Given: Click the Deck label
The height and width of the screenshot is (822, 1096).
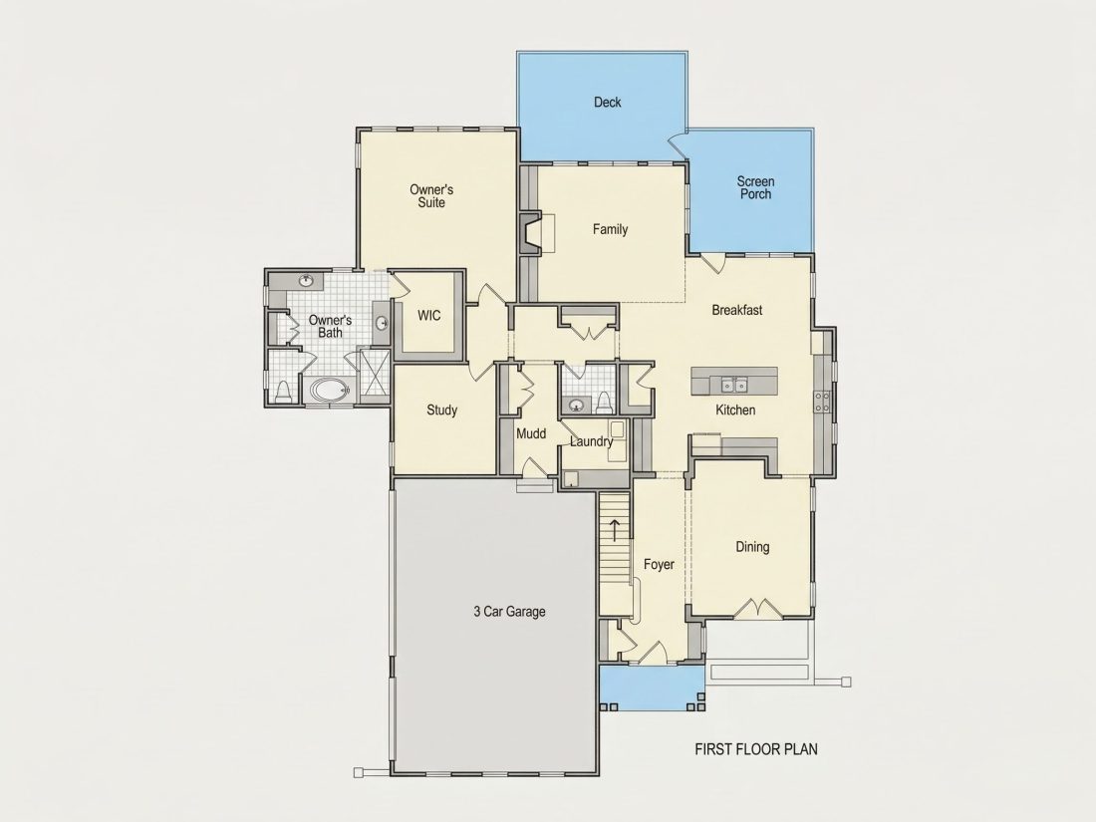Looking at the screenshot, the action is [x=608, y=102].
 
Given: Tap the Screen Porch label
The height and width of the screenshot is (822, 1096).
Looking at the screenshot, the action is [x=755, y=188].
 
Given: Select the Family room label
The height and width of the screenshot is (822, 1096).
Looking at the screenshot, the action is [x=610, y=229].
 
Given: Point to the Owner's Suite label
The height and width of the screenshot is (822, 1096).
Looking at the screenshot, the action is [x=431, y=195].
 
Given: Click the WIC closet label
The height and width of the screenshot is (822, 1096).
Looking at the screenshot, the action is [x=429, y=315].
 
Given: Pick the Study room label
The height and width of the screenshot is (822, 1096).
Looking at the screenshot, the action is [x=441, y=411].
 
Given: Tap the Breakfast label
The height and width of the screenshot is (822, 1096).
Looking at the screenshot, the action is [x=736, y=310].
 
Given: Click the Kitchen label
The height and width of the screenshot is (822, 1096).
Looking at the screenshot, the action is [x=735, y=411].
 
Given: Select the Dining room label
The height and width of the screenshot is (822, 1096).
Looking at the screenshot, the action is [x=752, y=547].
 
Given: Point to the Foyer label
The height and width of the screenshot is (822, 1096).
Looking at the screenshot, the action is [x=659, y=564].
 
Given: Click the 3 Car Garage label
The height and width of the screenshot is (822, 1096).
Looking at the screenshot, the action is [x=509, y=612].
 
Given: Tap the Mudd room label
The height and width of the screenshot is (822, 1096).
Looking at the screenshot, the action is [x=531, y=434].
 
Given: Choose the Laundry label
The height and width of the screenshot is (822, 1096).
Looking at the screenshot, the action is [x=591, y=441].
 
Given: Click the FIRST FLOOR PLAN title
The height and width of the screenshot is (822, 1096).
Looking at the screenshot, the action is [x=756, y=749].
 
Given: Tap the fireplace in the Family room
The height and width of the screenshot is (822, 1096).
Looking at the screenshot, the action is [x=530, y=233].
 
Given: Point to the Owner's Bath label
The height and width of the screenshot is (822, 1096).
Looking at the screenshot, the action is [x=330, y=327].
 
